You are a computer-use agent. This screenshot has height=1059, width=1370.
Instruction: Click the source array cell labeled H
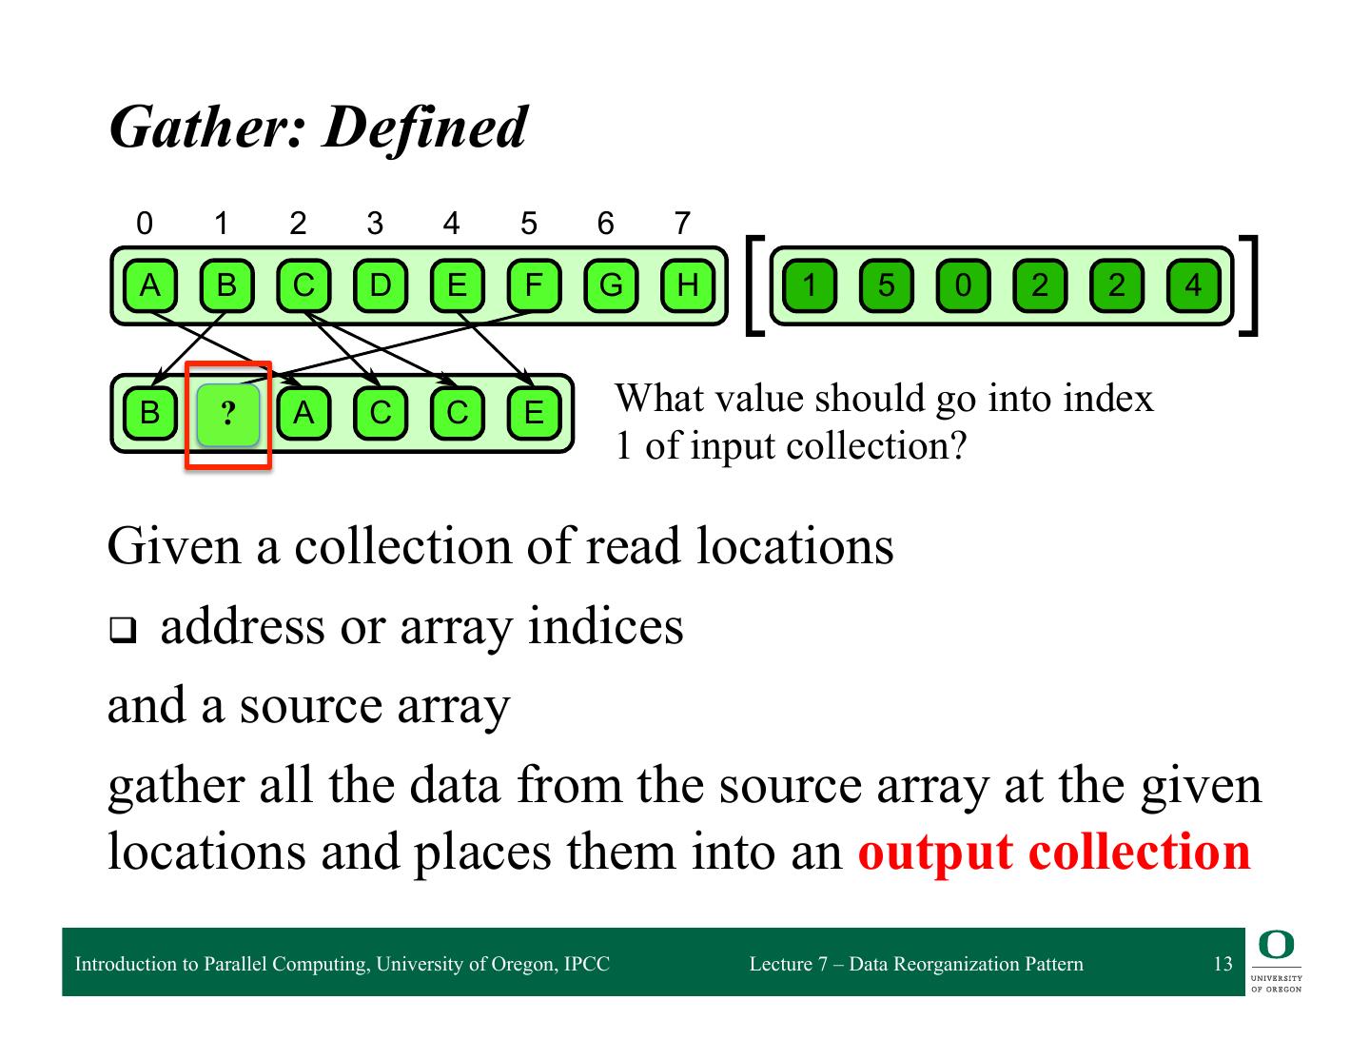[x=687, y=284]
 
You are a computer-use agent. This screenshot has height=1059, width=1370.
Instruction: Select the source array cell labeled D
[x=380, y=284]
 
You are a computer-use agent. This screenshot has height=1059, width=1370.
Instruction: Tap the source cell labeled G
[x=610, y=284]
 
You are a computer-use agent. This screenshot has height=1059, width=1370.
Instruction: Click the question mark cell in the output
[x=227, y=414]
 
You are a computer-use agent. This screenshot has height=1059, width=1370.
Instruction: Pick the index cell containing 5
[x=886, y=284]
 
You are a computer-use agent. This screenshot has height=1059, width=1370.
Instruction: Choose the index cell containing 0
[x=963, y=284]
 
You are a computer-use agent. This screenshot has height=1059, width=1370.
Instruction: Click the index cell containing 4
[x=1193, y=284]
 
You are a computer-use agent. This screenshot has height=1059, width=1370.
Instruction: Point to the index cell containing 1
[x=810, y=284]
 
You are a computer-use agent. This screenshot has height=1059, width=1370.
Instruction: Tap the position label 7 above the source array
[x=681, y=224]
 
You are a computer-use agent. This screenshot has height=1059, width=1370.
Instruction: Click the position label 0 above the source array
[x=144, y=224]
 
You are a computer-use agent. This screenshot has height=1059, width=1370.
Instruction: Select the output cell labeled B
[x=149, y=413]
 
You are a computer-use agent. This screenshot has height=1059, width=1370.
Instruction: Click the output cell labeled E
[x=534, y=413]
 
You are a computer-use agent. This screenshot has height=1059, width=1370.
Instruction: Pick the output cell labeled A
[x=303, y=413]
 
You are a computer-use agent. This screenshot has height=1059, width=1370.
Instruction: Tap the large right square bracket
[x=1251, y=284]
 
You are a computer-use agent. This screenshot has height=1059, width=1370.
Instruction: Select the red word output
[x=935, y=851]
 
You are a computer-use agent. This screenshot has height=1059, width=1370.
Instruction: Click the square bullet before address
[x=121, y=630]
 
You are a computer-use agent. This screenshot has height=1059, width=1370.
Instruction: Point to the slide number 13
[x=1223, y=964]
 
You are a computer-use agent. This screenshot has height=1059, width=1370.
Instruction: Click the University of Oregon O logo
[x=1276, y=945]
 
